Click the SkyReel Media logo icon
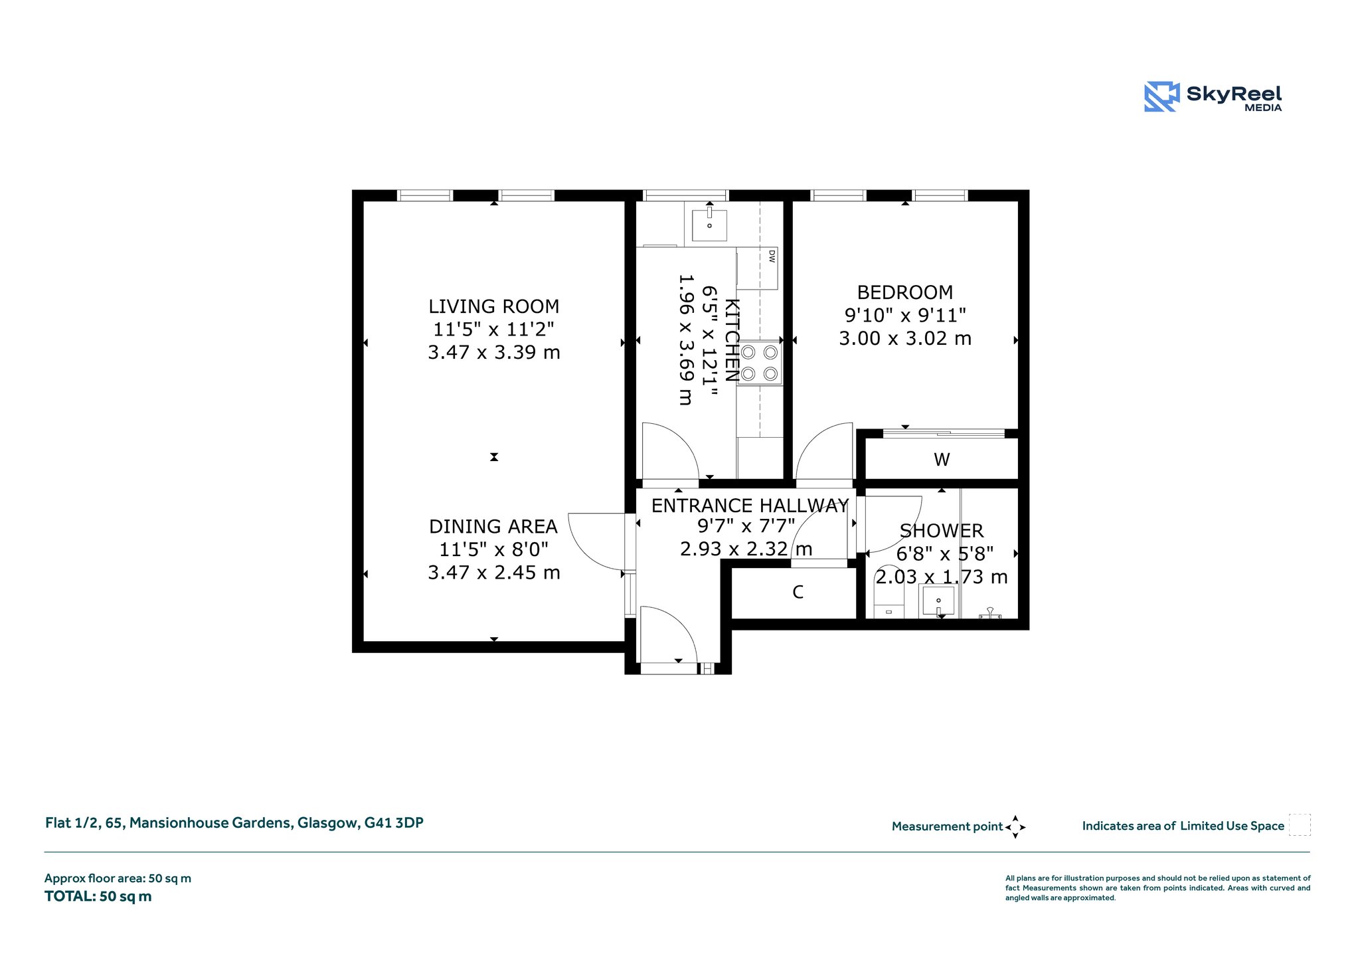tap(1161, 96)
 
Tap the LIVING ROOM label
tap(493, 306)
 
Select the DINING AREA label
tap(493, 527)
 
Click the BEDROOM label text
tap(904, 292)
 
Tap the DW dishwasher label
tap(771, 256)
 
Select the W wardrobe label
tap(942, 459)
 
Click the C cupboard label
tap(798, 592)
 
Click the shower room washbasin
tap(938, 602)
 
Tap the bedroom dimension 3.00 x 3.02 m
tap(904, 339)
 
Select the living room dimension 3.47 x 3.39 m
tap(493, 352)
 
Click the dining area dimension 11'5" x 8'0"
tap(493, 549)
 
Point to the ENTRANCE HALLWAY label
tap(750, 506)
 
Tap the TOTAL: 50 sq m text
tap(98, 896)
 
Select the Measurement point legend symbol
tap(1015, 827)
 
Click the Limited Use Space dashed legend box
tap(1300, 824)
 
